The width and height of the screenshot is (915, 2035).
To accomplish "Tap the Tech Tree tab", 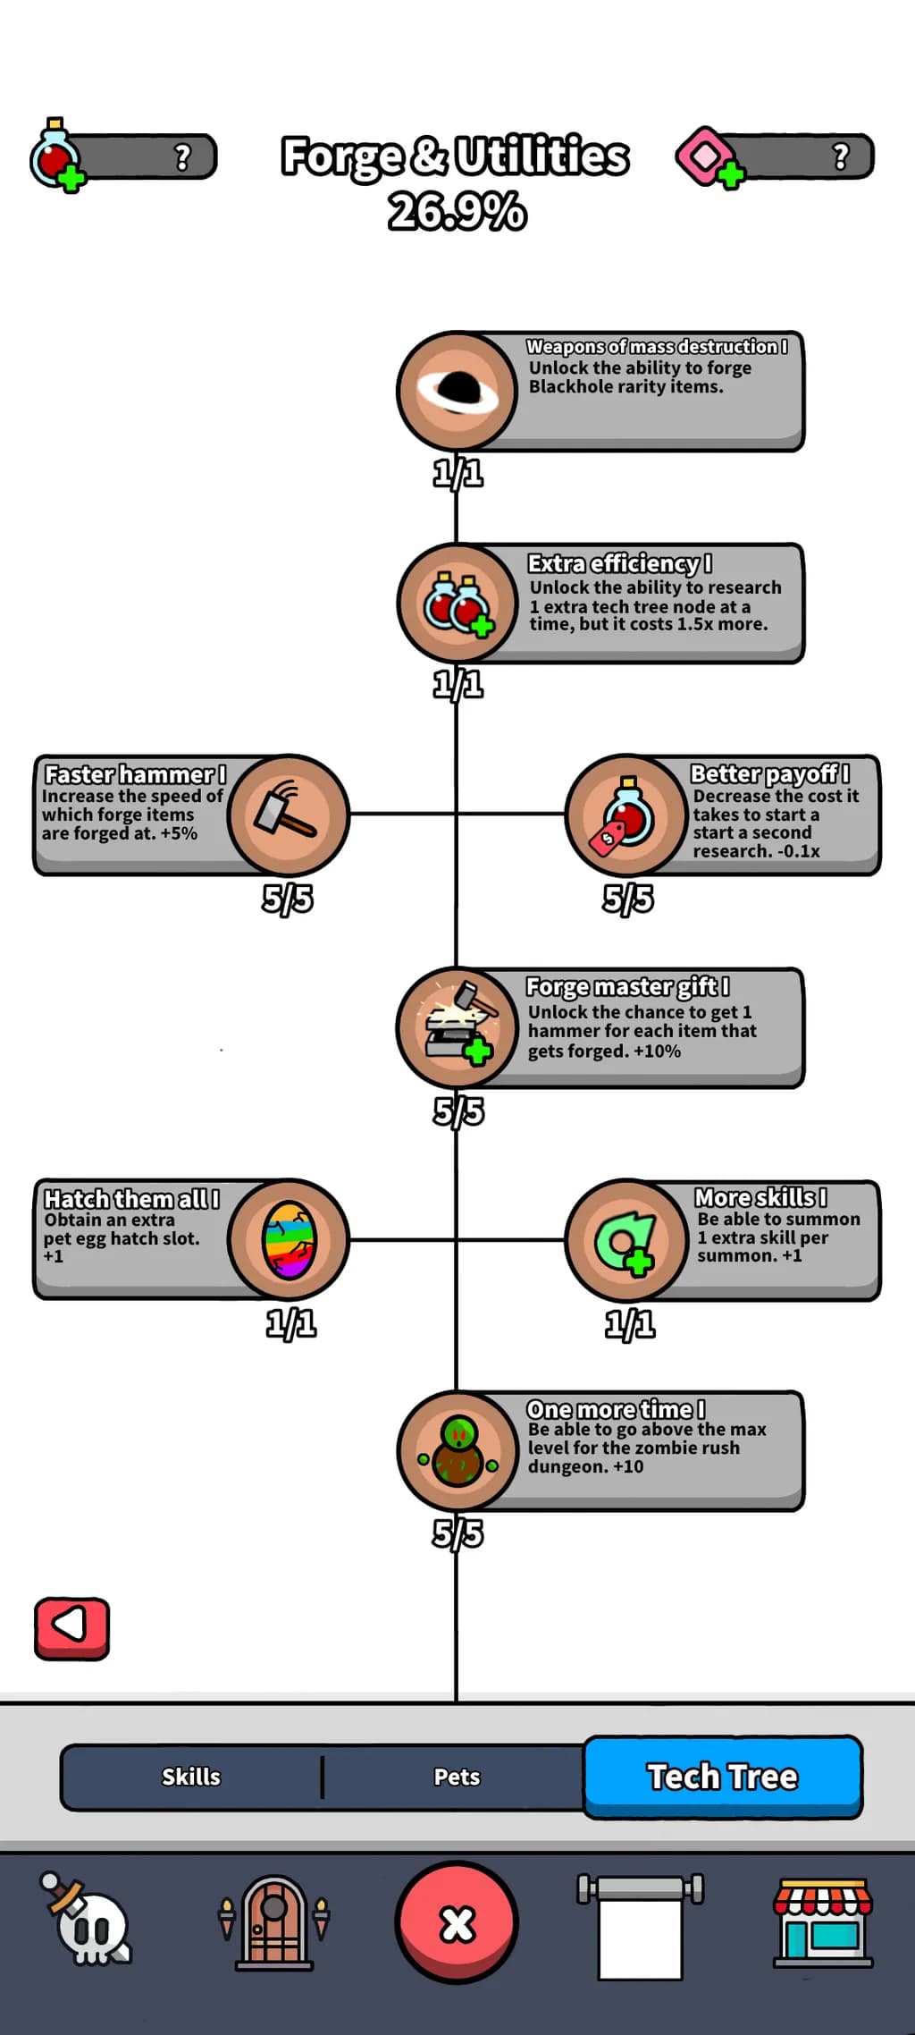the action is coord(723,1777).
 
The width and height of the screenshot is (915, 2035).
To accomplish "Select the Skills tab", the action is coord(191,1777).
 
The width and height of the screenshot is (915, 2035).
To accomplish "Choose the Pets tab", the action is coord(457,1777).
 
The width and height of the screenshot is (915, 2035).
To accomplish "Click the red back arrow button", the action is coord(71,1628).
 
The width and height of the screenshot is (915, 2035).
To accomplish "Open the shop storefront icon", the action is coord(822,1922).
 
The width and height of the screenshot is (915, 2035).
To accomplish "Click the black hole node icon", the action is coord(457,391).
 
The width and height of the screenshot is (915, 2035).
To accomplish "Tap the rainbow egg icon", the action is coord(289,1240).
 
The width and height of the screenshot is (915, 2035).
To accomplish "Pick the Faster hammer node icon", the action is coord(288,815).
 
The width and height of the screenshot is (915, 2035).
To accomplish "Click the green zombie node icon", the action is coord(457,1451).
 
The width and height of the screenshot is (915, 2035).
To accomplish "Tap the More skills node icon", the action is coord(626,1240).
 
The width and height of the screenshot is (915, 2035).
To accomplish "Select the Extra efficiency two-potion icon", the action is coord(457,604).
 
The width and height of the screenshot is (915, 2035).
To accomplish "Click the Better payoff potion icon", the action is coord(626,815).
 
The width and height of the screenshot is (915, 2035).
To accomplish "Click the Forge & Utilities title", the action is coord(456,156).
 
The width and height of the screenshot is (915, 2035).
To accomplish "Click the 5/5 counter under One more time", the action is coord(458,1533).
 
